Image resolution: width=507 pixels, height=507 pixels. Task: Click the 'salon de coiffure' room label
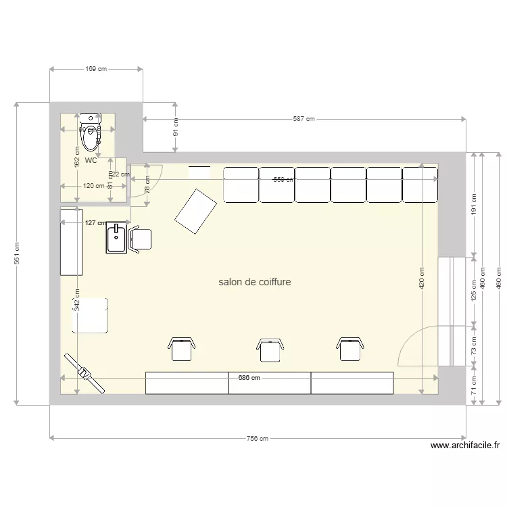tap(255, 281)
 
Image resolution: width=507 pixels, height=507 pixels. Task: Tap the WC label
tap(91, 161)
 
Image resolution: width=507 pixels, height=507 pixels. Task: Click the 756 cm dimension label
tap(257, 438)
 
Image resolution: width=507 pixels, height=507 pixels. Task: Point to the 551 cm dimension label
tap(17, 254)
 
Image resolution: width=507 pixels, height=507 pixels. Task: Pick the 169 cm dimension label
tap(96, 69)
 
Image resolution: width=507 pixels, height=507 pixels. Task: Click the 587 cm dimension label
tap(304, 119)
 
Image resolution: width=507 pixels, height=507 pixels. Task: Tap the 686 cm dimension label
tap(249, 378)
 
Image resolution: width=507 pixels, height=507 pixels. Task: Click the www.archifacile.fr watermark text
tap(465, 445)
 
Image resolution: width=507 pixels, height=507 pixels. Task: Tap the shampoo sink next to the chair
tap(116, 239)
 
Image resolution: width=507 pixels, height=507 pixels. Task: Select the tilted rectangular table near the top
tap(195, 211)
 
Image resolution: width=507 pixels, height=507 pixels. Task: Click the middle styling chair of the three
tap(269, 349)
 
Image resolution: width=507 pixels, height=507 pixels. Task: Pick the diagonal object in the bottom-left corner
tap(84, 372)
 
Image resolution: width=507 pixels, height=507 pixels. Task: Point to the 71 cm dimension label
tap(473, 386)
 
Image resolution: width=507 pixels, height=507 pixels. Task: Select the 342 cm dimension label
tap(77, 299)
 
